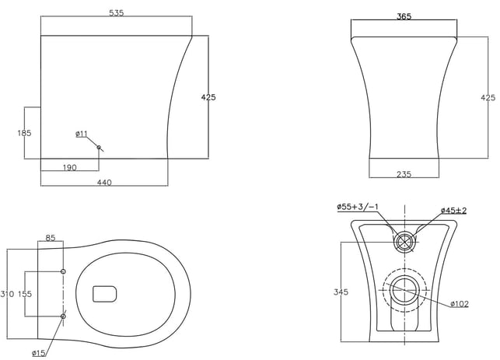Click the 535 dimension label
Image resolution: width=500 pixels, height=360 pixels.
[117, 13]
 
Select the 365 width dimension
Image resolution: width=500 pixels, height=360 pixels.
[404, 16]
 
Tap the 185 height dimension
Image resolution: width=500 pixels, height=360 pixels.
[24, 133]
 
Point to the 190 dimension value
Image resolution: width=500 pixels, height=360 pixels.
[69, 167]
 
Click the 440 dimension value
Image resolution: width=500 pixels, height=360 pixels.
[104, 183]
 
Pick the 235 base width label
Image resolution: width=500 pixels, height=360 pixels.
[404, 174]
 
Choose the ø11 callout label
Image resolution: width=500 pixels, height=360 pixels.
[82, 134]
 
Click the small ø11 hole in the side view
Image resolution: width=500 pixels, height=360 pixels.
[99, 147]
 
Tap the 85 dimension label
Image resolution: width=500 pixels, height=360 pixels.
[51, 238]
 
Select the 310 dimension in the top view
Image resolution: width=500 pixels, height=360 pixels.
[7, 294]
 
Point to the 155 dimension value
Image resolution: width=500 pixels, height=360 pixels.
[25, 294]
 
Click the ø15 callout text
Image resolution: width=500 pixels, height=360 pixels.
[39, 353]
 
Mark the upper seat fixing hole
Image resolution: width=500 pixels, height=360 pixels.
[63, 271]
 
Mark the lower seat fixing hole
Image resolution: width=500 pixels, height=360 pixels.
[63, 316]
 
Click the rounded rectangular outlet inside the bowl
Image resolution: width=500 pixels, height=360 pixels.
[105, 294]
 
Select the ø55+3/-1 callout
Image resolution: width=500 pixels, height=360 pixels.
[358, 207]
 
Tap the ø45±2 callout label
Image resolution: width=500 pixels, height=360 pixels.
[454, 211]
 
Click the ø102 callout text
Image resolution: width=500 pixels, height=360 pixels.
[460, 304]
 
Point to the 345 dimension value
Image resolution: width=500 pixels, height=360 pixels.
[341, 292]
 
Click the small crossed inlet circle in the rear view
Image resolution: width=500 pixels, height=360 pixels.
[404, 241]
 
